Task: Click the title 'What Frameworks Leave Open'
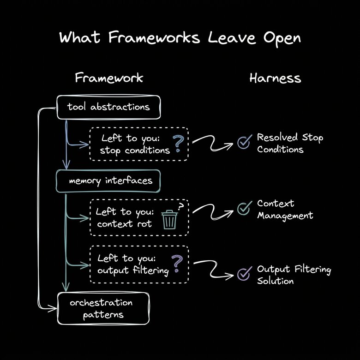click(x=180, y=37)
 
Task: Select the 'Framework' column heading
click(x=109, y=78)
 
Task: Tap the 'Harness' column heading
click(x=275, y=78)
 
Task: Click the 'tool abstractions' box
click(x=108, y=107)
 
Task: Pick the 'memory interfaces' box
click(x=108, y=180)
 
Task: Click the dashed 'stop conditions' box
click(x=138, y=144)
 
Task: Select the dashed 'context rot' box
click(x=138, y=218)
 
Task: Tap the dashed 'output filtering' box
click(x=138, y=264)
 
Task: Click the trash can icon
click(x=169, y=219)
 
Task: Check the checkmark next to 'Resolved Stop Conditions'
click(x=243, y=143)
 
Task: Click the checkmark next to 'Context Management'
click(x=243, y=209)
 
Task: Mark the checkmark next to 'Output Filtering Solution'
click(x=243, y=274)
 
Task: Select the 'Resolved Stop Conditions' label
click(x=290, y=143)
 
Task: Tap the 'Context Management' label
click(x=285, y=209)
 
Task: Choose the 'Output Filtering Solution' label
click(x=294, y=275)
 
